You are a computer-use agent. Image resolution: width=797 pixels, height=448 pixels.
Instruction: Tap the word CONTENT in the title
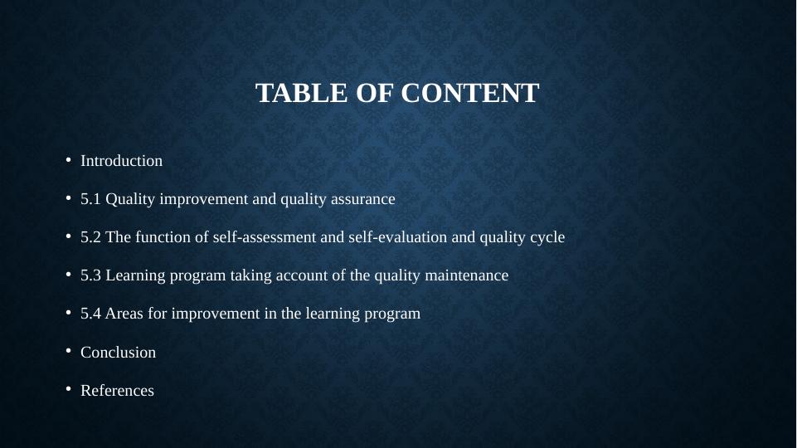(469, 94)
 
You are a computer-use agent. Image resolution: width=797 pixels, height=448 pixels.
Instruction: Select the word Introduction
(121, 161)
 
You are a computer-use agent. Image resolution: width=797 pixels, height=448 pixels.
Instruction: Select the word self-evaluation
(367, 237)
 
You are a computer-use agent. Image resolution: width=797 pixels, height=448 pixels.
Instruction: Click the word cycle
(547, 237)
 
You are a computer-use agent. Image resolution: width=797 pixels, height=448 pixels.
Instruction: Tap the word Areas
(124, 314)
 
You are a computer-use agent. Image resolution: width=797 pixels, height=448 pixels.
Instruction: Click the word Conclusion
(118, 353)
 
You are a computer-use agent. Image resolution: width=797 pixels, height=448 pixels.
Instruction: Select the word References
(117, 391)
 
